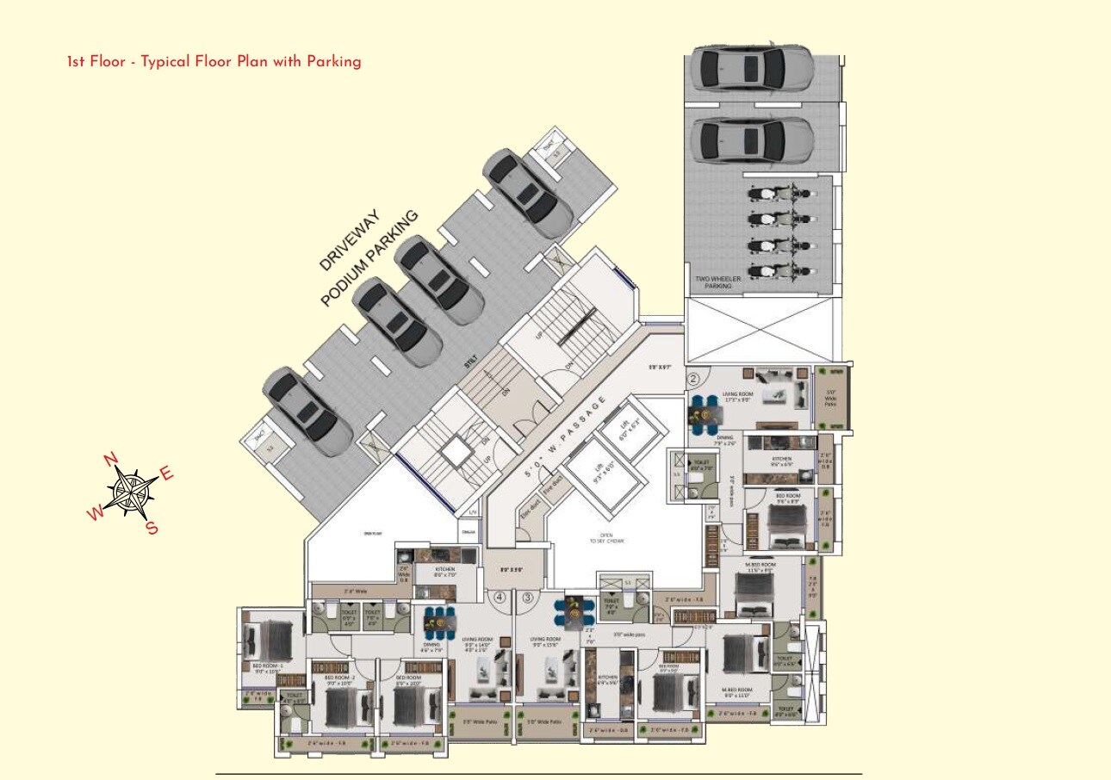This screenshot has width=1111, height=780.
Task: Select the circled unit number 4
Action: coord(499,596)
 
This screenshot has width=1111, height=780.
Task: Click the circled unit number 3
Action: coord(528,596)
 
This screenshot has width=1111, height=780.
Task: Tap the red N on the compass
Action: coord(110,459)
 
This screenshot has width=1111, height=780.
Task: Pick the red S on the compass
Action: coord(152,528)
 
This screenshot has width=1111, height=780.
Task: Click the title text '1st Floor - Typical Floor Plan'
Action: coord(214,61)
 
